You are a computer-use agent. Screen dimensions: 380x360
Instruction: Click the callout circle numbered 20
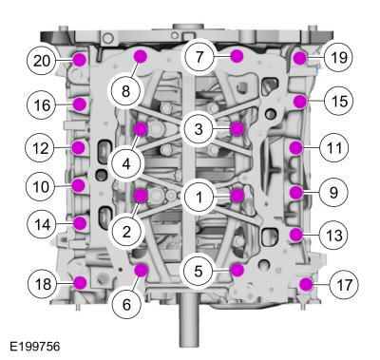[42, 61]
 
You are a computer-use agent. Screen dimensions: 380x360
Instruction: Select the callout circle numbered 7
[199, 58]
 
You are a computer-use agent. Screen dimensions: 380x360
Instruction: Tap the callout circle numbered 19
[338, 58]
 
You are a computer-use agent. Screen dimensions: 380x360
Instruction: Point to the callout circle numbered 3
[199, 129]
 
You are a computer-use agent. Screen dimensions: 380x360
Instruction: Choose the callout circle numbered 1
[199, 198]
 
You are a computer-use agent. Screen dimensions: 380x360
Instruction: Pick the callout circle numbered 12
[41, 148]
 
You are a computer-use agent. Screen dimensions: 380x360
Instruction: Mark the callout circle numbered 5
[199, 271]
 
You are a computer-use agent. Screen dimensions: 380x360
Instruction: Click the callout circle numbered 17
[344, 284]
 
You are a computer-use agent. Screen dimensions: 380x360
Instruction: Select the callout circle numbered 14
[42, 224]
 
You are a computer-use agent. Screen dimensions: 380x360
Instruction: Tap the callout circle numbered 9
[334, 192]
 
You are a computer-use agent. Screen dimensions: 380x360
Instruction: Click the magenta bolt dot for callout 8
[141, 56]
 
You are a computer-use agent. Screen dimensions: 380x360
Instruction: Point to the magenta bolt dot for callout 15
[300, 102]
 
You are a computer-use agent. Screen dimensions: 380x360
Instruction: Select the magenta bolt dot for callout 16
[80, 104]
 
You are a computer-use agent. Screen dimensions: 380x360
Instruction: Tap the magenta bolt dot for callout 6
[141, 270]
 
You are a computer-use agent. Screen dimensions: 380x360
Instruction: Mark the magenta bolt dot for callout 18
[80, 283]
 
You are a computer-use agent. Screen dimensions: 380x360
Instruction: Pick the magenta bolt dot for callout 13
[296, 235]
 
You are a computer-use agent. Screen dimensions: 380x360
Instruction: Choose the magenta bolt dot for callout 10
[78, 185]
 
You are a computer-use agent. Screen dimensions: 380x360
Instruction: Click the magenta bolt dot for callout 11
[295, 148]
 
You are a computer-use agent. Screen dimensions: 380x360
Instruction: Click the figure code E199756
[34, 347]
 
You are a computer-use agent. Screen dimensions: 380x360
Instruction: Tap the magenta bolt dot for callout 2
[141, 196]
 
